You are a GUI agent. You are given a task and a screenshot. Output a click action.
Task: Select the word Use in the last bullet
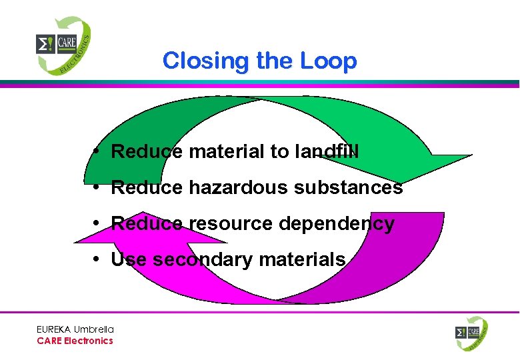[x=128, y=259]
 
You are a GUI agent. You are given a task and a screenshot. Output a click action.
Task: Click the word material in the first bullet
[x=227, y=152]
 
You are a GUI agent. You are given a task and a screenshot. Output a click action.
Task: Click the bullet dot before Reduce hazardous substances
[x=97, y=187]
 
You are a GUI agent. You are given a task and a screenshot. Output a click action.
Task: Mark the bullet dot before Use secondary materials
[x=97, y=259]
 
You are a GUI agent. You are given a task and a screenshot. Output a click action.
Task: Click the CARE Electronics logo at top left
[x=63, y=45]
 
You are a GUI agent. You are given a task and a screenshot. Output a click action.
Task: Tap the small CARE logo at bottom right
[x=471, y=333]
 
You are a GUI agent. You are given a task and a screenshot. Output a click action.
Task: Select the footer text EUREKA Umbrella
[x=75, y=329]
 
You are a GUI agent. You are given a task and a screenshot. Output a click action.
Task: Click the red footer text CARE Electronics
[x=75, y=341]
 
